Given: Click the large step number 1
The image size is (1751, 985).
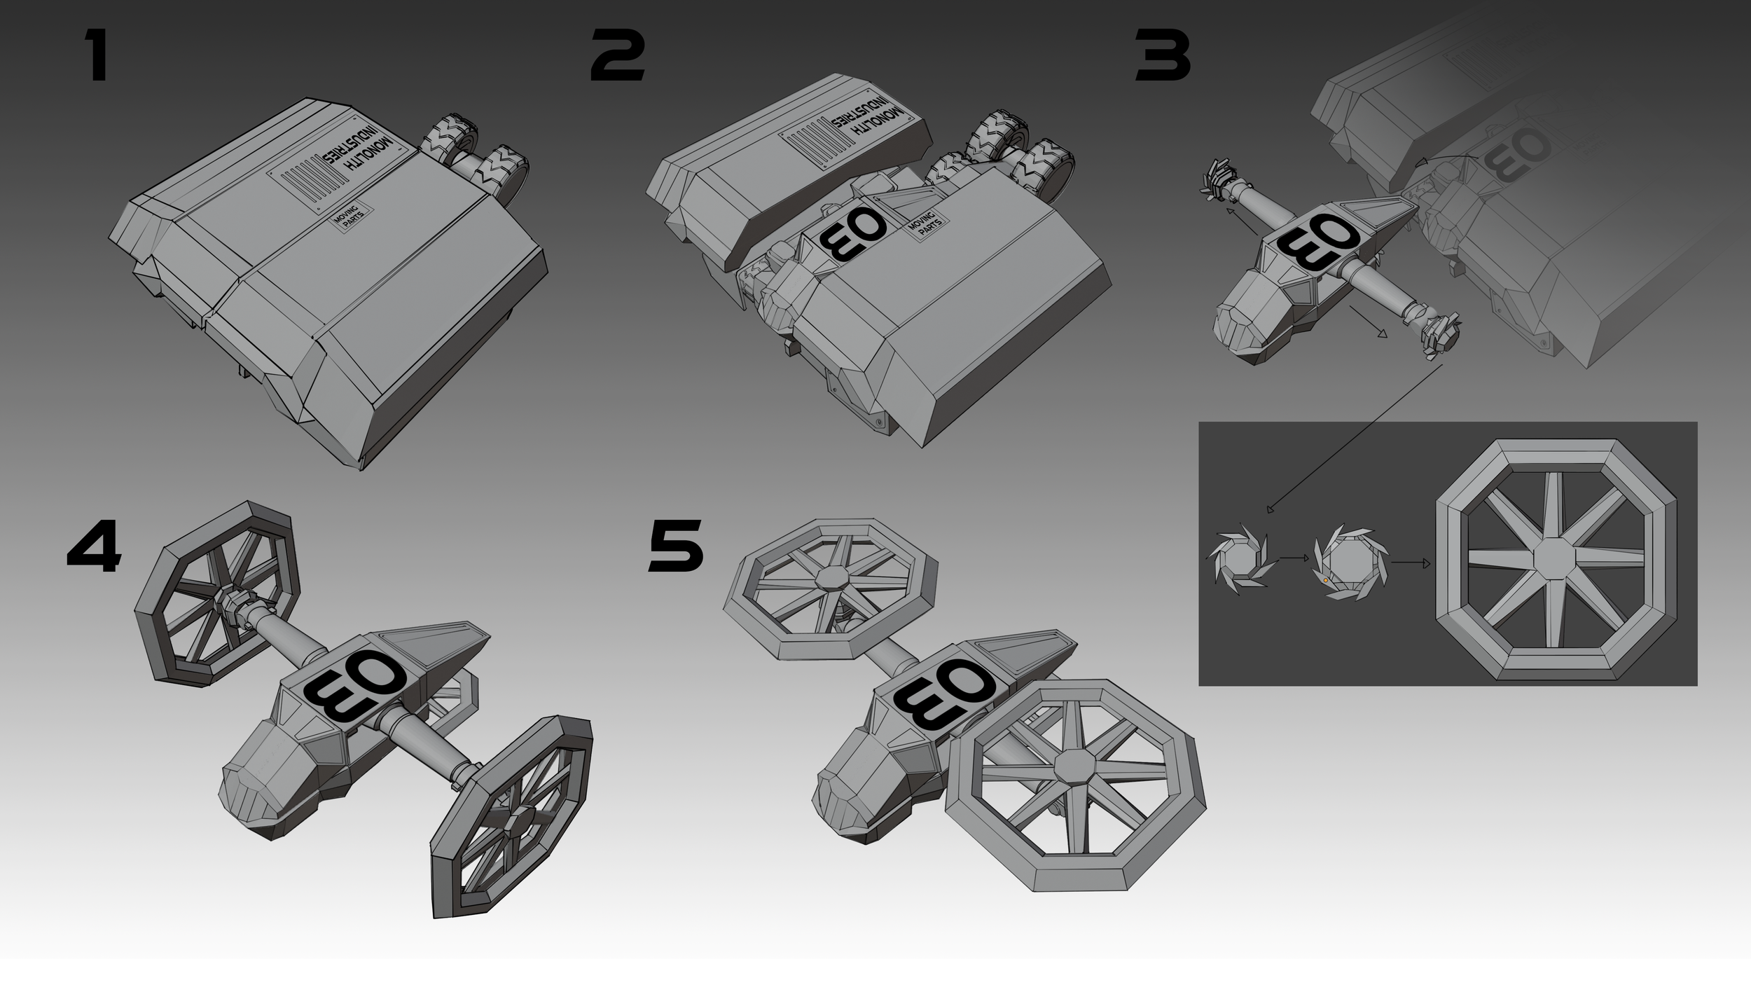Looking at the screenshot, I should point(97,55).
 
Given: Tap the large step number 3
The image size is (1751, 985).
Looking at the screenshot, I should point(1163,55).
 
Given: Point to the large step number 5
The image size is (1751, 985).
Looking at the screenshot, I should point(676,546).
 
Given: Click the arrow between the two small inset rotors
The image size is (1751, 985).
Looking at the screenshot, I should point(1294,558).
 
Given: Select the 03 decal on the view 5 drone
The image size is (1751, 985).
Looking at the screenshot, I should point(946,697).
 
